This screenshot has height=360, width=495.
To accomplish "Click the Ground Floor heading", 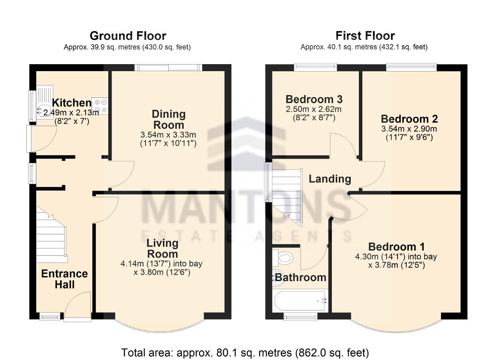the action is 128,36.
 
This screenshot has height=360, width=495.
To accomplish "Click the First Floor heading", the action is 365,36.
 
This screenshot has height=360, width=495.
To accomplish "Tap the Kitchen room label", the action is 72,103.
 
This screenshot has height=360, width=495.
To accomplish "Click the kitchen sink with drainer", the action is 44,102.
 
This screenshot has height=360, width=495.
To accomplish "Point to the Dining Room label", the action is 169,119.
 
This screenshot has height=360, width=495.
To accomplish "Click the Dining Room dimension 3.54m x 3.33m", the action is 168,135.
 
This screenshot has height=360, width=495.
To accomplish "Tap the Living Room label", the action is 162,249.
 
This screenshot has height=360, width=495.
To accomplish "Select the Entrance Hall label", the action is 65,279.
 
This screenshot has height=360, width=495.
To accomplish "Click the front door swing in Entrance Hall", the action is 77,305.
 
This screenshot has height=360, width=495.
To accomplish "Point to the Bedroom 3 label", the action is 314,99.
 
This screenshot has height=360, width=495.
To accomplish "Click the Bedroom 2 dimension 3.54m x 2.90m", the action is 409,129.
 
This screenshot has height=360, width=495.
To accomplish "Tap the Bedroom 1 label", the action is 396,247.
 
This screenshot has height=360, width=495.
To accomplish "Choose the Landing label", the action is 330,179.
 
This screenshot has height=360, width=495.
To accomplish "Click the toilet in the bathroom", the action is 283,258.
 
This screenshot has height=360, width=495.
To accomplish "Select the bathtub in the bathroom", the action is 300,301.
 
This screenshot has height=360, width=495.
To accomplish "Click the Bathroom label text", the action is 301,278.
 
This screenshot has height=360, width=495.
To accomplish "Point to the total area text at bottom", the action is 245,353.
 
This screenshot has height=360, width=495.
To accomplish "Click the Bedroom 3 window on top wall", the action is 315,67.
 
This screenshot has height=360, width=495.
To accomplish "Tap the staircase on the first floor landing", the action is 287,197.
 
